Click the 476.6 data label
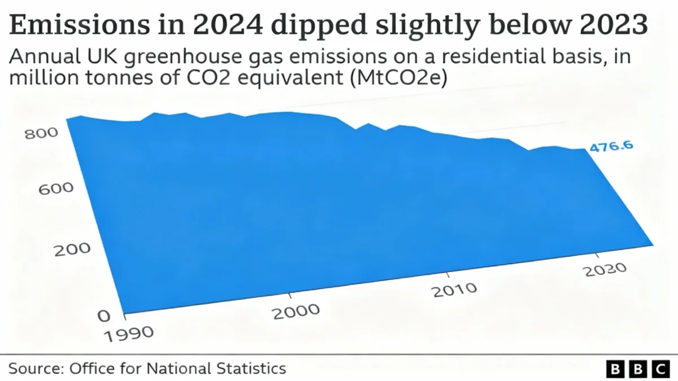tap(611, 147)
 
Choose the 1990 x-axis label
tap(129, 332)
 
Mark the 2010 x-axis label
tap(454, 291)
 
